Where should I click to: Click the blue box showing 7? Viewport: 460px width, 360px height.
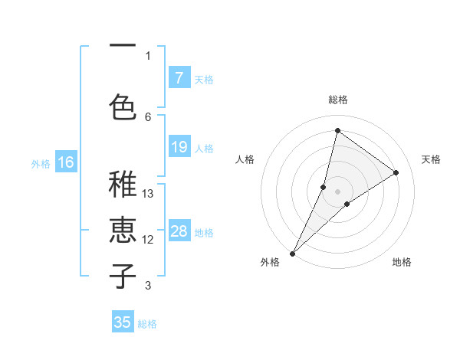179,78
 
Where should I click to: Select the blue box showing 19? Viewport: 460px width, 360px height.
179,147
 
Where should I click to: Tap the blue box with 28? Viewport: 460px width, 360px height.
179,231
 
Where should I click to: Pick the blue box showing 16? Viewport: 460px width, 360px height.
66,162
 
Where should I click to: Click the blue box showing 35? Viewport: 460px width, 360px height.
123,322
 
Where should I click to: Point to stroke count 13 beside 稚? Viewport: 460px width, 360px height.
149,194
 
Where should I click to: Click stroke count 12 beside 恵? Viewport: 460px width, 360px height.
149,240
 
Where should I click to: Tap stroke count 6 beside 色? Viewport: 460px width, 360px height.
149,116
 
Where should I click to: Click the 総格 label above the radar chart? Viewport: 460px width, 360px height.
337,100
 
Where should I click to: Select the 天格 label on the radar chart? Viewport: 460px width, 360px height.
431,159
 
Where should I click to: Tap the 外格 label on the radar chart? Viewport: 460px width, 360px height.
270,262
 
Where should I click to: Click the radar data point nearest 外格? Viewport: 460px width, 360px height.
292,253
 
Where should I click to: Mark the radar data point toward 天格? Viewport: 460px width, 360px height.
396,172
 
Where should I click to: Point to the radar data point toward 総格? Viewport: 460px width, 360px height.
337,130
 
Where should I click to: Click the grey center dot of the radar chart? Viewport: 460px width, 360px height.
337,191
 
